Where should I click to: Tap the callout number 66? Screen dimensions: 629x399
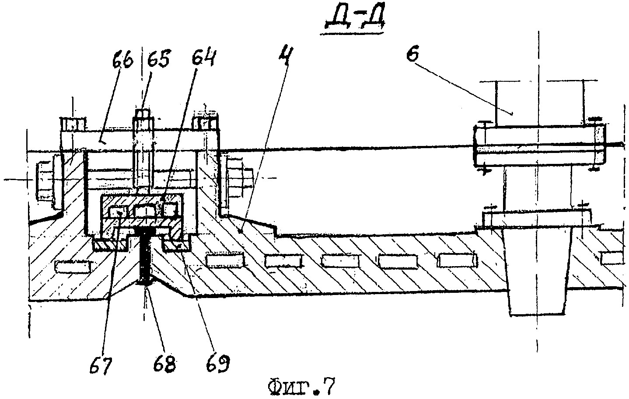tap(123, 60)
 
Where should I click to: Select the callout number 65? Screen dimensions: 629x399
tap(158, 59)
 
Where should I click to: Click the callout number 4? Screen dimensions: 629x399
tap(286, 57)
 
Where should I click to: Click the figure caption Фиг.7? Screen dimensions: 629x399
tap(302, 387)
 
